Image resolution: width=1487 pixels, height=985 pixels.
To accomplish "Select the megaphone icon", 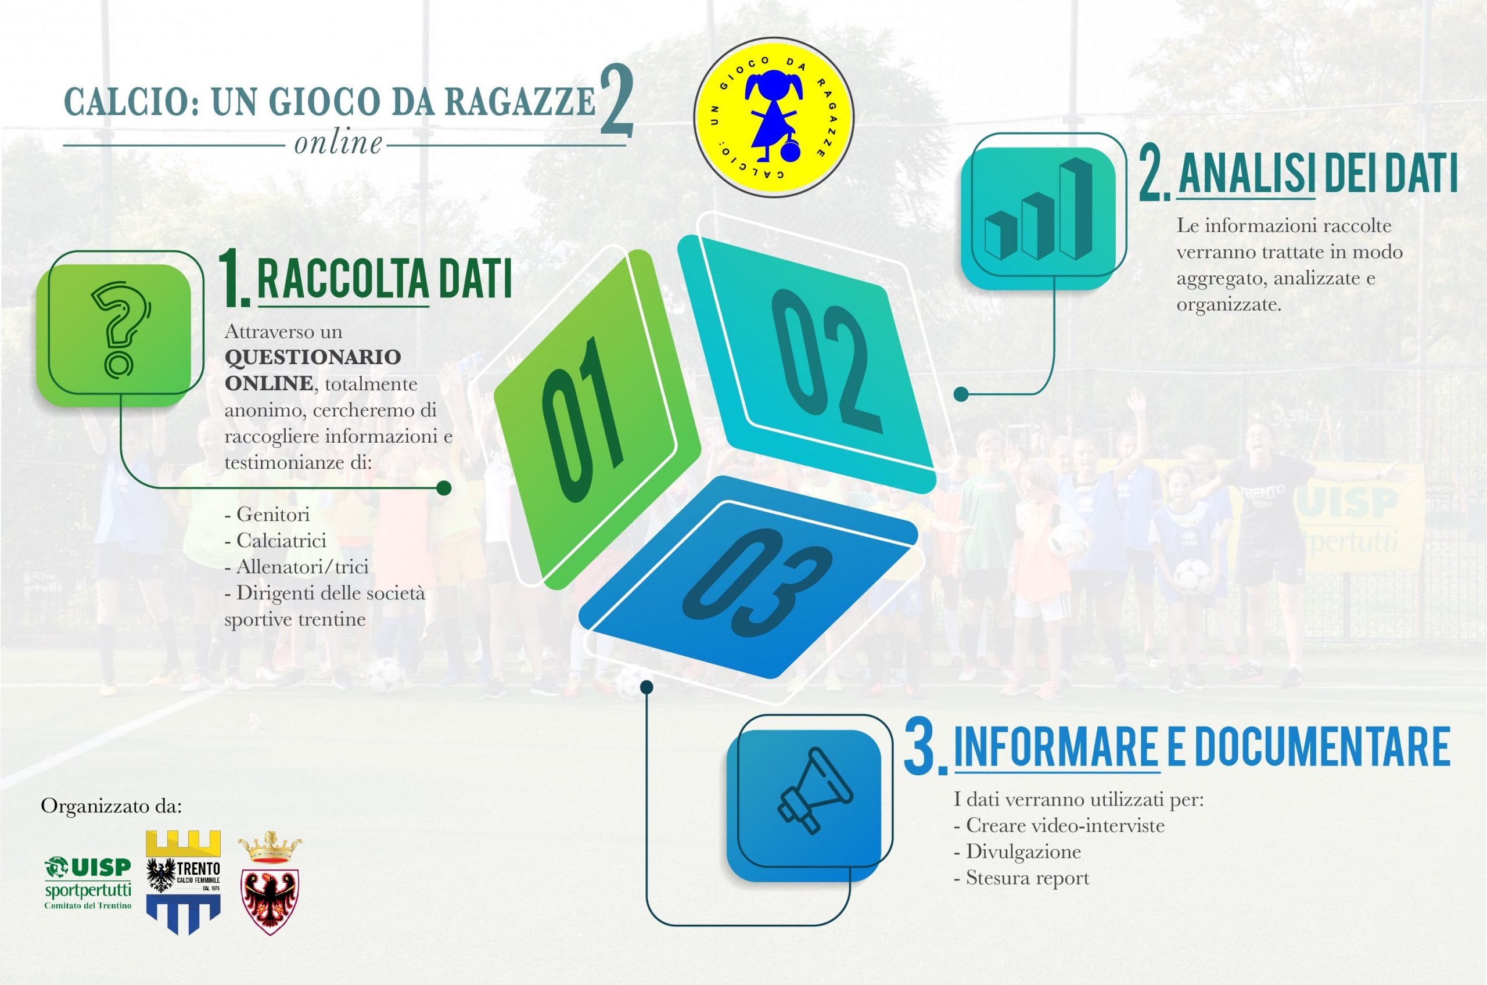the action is [816, 791].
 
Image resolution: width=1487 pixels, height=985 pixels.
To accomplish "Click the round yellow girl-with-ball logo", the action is [773, 117].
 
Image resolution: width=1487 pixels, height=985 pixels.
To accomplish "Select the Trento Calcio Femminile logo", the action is [183, 882].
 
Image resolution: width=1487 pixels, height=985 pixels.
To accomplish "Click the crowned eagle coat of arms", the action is [270, 882].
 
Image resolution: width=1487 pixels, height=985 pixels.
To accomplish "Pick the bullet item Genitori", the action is [267, 515].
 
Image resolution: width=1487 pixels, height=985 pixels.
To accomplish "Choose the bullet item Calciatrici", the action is [275, 541].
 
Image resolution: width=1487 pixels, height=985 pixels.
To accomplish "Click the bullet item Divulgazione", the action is [1017, 851].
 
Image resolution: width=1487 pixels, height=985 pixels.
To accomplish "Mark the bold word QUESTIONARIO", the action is [313, 357].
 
